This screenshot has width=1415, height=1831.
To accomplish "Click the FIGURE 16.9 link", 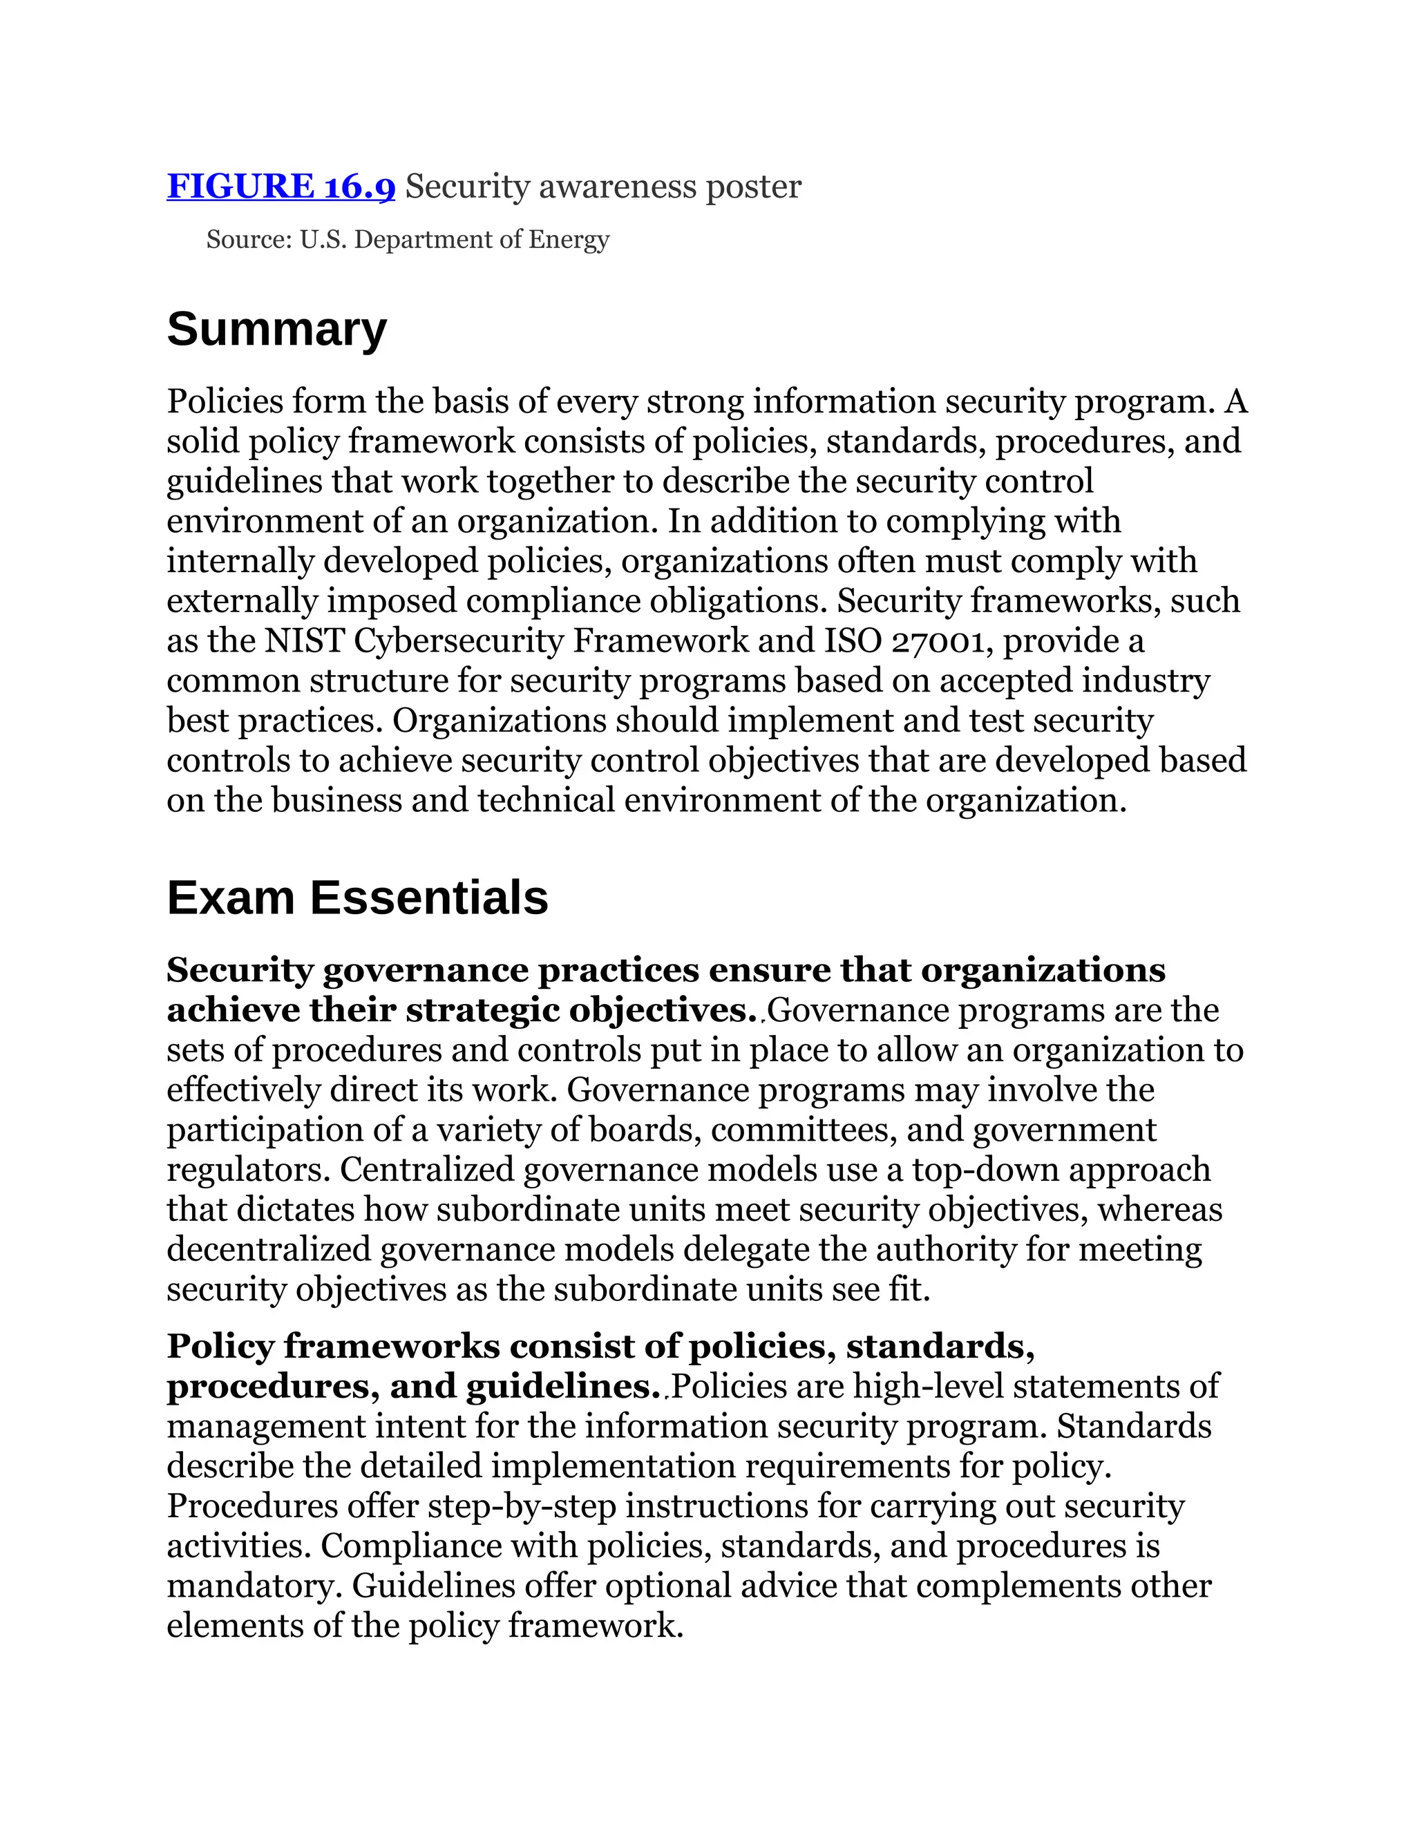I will [281, 186].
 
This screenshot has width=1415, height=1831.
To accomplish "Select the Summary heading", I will [276, 329].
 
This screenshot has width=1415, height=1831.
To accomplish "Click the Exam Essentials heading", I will [357, 898].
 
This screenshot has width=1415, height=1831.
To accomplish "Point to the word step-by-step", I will [522, 1506].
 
